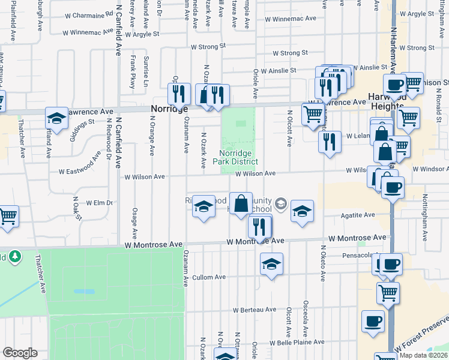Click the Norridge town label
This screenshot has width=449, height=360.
[x=169, y=109]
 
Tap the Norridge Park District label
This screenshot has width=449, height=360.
[x=238, y=157]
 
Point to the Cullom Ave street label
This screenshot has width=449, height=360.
[x=209, y=277]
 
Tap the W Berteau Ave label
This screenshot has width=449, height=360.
[x=256, y=310]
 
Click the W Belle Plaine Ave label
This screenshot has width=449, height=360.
[x=297, y=343]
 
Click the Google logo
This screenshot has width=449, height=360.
[x=20, y=352]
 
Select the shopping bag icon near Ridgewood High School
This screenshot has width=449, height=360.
[x=241, y=203]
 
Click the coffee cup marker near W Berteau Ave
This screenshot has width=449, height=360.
[x=373, y=320]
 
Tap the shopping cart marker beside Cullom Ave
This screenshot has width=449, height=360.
[x=388, y=293]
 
